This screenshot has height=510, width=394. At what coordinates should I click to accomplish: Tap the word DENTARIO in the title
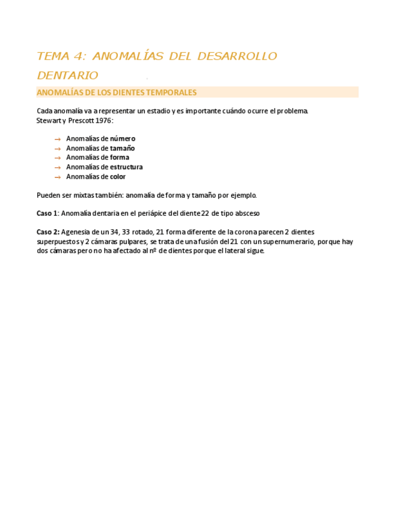point(67,75)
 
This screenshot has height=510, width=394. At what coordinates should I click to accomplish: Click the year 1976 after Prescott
point(103,120)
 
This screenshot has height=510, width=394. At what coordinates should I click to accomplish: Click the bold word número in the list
point(123,138)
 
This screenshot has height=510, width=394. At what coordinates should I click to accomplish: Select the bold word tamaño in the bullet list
point(122,148)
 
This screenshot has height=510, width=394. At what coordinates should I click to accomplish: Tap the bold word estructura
point(126,167)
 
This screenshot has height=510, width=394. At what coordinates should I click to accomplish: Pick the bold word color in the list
point(118,177)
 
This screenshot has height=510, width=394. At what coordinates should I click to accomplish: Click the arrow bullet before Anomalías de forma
point(58,158)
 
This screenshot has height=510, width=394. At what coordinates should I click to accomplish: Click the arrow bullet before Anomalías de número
point(58,139)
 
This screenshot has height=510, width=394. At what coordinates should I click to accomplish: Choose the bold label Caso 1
point(47,214)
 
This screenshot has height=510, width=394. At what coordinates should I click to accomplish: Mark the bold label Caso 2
point(48,232)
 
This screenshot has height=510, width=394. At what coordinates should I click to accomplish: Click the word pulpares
point(131,242)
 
